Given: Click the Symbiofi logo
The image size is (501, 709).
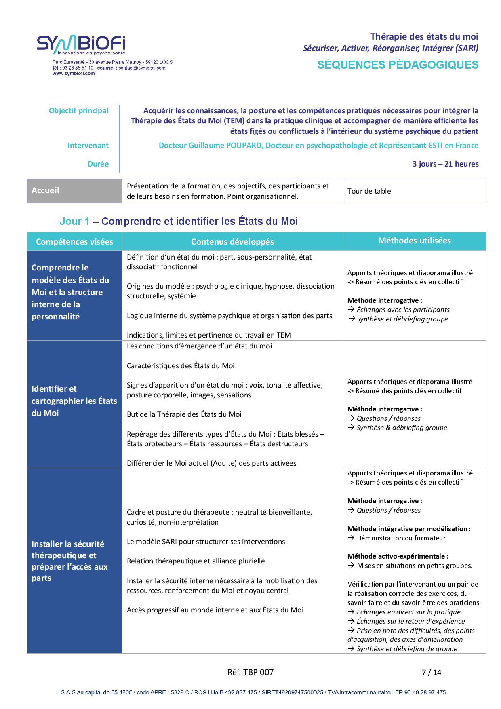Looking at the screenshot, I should [81, 45].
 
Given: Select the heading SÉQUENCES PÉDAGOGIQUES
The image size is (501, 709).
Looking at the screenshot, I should [398, 65].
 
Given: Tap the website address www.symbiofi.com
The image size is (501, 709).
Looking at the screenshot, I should [74, 73].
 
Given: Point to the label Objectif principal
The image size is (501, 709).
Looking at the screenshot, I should [79, 110].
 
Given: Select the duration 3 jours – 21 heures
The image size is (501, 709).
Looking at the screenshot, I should [445, 164].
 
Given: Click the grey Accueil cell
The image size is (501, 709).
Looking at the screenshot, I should [74, 190].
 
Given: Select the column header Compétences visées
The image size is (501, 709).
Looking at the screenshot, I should [74, 242].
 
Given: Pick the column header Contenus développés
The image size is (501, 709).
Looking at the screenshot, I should [232, 242].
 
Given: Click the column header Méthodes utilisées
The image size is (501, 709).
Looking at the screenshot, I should [414, 241].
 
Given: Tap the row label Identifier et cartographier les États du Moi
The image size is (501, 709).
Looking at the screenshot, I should [74, 401].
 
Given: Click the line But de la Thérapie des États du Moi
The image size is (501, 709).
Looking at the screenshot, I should [184, 414].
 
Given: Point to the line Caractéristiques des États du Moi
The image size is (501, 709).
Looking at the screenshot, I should [181, 365].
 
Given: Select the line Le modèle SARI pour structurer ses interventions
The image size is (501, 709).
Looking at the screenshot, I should [206, 541].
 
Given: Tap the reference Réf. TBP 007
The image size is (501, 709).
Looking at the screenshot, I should [250, 672].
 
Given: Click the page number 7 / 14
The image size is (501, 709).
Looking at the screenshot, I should [431, 672].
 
